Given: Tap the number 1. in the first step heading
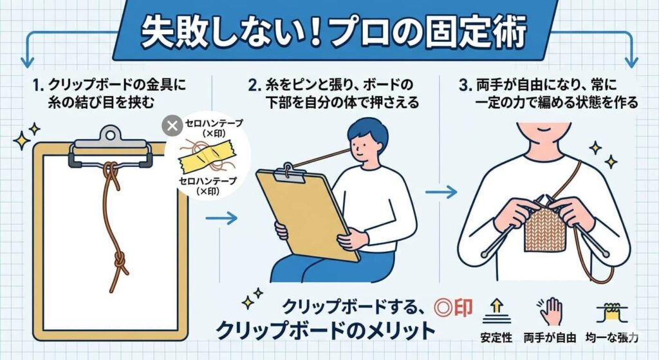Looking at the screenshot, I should (x=36, y=84).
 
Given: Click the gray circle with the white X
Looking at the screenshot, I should (x=172, y=126).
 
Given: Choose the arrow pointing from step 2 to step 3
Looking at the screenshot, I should (x=441, y=191).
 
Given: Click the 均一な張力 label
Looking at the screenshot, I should (x=612, y=337).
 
